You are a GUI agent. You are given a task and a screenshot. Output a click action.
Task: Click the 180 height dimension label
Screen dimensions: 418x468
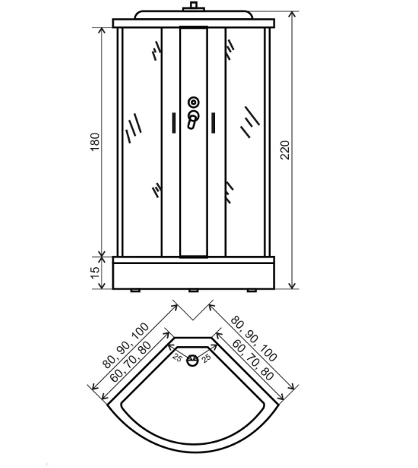pyautogui.click(x=95, y=141)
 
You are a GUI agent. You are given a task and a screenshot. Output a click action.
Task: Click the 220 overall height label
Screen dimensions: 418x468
pyautogui.click(x=285, y=149)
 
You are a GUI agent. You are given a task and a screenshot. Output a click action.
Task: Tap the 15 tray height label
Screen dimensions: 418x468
pyautogui.click(x=95, y=273)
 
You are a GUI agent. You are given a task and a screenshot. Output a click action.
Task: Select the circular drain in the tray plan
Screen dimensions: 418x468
pyautogui.click(x=193, y=361)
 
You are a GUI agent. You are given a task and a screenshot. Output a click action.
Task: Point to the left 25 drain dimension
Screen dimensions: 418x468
pyautogui.click(x=177, y=357)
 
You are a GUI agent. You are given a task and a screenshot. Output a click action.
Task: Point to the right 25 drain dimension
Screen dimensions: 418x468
pyautogui.click(x=206, y=358)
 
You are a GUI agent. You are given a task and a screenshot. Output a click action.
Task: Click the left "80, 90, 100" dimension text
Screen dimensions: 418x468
pyautogui.click(x=125, y=345)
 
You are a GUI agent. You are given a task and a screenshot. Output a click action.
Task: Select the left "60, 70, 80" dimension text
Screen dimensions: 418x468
pyautogui.click(x=130, y=362)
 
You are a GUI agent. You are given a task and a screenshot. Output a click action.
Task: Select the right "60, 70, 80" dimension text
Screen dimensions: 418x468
pyautogui.click(x=253, y=361)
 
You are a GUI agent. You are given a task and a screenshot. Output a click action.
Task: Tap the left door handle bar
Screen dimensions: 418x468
pyautogui.click(x=174, y=123)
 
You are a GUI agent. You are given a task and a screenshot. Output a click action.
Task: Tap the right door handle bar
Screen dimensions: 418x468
pyautogui.click(x=213, y=123)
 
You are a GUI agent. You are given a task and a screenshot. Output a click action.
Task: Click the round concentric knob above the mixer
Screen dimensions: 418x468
pyautogui.click(x=193, y=102)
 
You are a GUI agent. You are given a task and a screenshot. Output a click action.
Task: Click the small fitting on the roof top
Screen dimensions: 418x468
pyautogui.click(x=193, y=7)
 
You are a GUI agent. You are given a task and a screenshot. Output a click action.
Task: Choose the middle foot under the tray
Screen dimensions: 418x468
pyautogui.click(x=193, y=290)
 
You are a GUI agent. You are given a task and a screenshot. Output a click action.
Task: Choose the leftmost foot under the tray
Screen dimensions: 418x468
pyautogui.click(x=135, y=290)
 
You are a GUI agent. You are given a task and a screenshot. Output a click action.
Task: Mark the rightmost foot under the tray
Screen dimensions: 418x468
pyautogui.click(x=252, y=290)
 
